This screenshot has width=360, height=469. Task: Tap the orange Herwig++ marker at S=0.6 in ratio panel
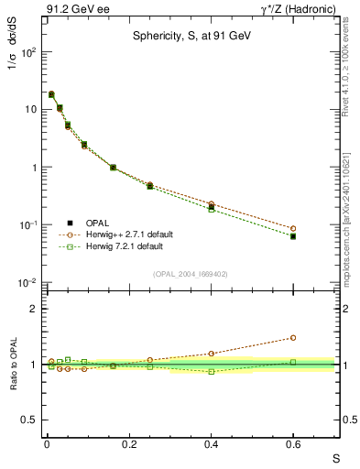[x=293, y=338]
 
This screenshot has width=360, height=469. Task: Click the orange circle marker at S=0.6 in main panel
[x=293, y=228]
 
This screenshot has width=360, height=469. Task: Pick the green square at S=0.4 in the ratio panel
[x=211, y=371]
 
